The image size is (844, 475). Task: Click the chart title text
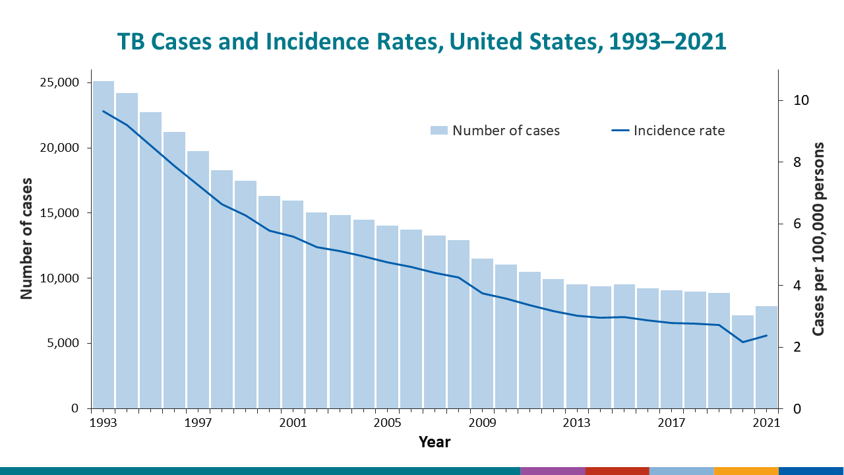click(x=422, y=42)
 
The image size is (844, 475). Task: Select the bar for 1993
click(x=104, y=244)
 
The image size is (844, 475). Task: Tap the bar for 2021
click(x=766, y=357)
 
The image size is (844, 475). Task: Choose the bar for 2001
click(x=293, y=304)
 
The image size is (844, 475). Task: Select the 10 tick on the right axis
click(x=800, y=101)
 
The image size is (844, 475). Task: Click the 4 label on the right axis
click(x=797, y=286)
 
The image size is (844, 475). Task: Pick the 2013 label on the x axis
click(x=577, y=422)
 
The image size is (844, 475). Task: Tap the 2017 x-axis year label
click(x=672, y=422)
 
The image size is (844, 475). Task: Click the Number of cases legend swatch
click(x=438, y=131)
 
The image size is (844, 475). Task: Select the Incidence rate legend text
click(x=678, y=131)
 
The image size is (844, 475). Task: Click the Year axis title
click(x=435, y=442)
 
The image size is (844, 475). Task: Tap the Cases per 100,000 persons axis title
click(x=818, y=239)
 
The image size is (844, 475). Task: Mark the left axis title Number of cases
click(x=27, y=238)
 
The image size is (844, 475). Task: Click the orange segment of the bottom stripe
click(x=746, y=470)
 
